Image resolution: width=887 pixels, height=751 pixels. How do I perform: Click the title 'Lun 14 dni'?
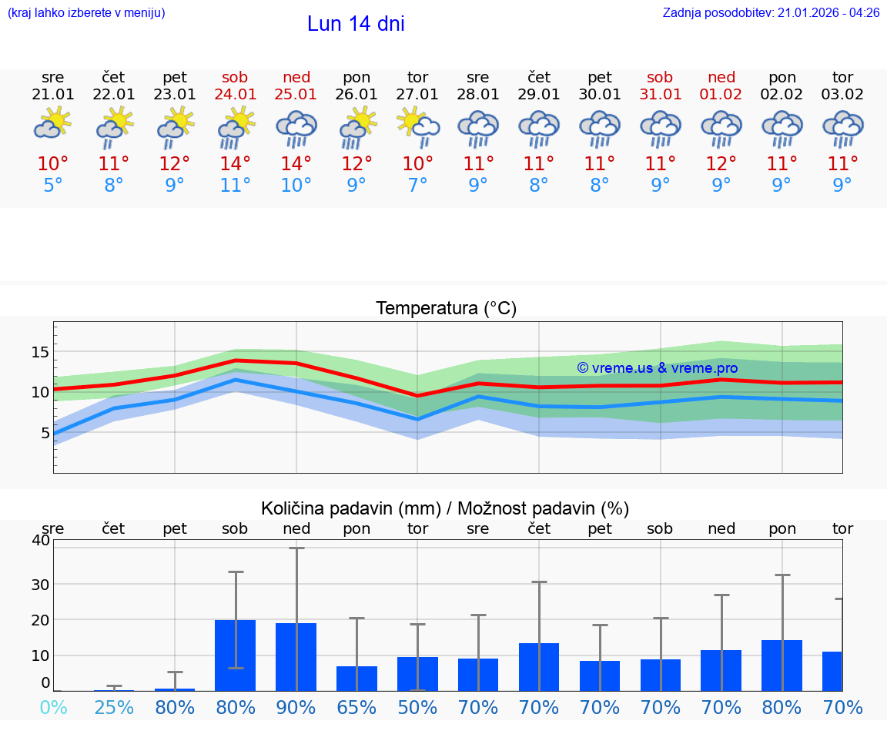click(356, 24)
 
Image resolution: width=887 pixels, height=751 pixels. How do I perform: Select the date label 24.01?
click(235, 94)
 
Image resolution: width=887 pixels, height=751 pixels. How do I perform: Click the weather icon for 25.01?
click(296, 128)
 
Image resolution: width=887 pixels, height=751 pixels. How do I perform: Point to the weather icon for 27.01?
click(417, 128)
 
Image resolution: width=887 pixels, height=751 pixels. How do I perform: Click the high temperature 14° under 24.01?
click(235, 164)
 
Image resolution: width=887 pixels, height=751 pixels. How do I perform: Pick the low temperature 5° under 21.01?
click(53, 186)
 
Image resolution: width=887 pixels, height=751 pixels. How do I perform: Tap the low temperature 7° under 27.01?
click(417, 186)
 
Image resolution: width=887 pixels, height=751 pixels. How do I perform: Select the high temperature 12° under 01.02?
click(721, 164)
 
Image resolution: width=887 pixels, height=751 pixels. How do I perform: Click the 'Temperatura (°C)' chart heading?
click(446, 309)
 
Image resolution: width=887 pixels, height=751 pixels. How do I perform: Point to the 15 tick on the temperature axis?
click(39, 352)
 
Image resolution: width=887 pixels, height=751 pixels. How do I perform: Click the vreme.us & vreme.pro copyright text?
click(657, 368)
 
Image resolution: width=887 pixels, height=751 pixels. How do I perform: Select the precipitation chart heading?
click(445, 508)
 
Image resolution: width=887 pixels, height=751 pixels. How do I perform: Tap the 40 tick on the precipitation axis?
click(40, 540)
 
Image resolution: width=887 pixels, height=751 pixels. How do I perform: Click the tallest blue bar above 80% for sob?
click(235, 655)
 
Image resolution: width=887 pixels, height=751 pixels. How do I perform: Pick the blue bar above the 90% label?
click(296, 656)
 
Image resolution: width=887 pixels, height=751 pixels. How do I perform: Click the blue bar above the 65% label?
click(356, 678)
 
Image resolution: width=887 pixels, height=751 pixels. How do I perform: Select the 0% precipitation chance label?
click(53, 707)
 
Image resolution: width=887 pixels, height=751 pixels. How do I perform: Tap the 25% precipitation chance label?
click(114, 707)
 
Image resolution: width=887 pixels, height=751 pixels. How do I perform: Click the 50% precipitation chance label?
click(417, 707)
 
